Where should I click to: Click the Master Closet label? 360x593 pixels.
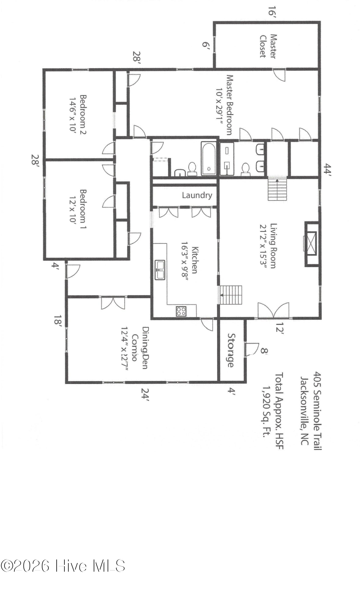(268, 46)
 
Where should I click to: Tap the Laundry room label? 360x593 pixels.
(197, 195)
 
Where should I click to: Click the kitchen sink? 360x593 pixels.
(160, 270)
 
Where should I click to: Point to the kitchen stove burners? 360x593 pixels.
(181, 311)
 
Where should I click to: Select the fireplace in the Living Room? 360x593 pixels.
(311, 244)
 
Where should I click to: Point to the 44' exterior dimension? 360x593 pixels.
(327, 170)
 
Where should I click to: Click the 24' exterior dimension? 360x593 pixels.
(145, 394)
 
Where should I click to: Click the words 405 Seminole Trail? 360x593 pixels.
(317, 411)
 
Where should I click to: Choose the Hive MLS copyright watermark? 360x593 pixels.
(63, 566)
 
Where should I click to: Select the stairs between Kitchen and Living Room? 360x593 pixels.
(231, 295)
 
